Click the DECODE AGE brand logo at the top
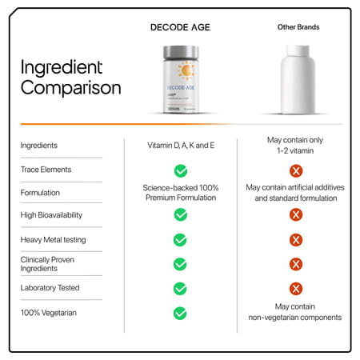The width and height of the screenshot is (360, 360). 180,26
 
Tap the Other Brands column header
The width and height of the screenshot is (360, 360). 298,26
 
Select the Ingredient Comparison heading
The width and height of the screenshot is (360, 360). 70,77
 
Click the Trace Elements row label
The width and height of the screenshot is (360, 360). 46,170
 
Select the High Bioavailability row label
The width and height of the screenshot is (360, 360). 53,214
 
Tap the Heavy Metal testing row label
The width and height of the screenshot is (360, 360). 53,239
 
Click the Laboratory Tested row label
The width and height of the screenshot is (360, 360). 50,288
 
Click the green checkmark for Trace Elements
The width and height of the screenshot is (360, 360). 181,170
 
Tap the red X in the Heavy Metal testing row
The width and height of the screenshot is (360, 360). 296,240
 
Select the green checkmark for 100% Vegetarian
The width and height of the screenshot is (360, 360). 181,313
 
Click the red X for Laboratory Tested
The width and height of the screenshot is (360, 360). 296,289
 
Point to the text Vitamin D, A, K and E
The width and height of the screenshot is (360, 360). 181,146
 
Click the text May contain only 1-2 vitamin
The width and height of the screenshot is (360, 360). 296,146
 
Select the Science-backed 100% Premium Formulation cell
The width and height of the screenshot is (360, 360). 181,192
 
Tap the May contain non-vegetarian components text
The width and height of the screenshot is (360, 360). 296,312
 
